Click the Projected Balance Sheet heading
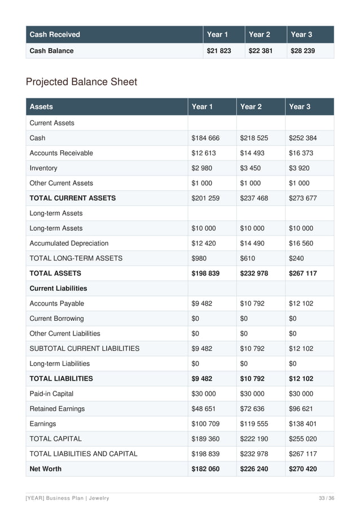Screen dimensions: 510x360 [x=81, y=82]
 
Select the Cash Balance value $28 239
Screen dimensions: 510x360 [x=302, y=51]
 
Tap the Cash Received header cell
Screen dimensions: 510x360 [x=55, y=34]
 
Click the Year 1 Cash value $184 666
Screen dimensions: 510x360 [x=205, y=138]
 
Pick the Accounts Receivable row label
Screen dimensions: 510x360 [x=61, y=153]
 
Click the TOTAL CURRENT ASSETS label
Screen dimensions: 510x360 [x=72, y=198]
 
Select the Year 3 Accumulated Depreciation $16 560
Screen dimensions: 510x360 [x=302, y=243]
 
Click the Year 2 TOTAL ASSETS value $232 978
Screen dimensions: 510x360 [x=254, y=273]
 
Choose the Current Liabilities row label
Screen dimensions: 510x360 [x=58, y=288]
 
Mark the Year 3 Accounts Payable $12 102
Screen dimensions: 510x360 [x=302, y=303]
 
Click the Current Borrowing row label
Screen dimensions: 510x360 [x=56, y=319]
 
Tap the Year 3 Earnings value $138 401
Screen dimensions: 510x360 [x=304, y=424]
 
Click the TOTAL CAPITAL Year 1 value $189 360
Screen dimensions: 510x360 [x=205, y=439]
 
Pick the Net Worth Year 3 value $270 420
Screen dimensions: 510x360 [x=304, y=469]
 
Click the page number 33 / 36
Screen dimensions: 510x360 [x=326, y=498]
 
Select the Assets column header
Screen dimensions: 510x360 [x=41, y=106]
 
